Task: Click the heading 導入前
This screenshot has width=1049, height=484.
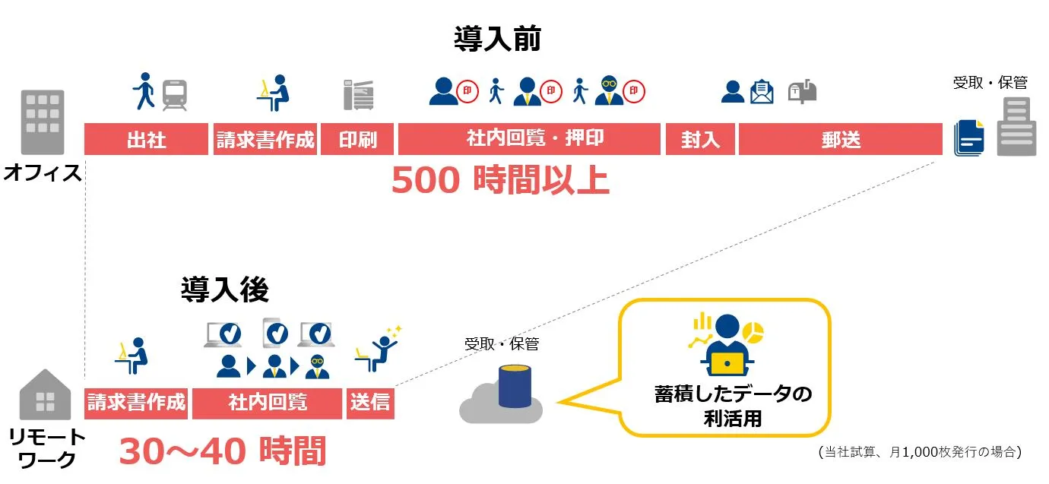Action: pyautogui.click(x=497, y=39)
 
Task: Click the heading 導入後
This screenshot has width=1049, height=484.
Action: pyautogui.click(x=225, y=289)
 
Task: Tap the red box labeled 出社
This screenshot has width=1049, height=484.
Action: pyautogui.click(x=146, y=140)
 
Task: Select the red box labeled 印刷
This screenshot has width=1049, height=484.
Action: pyautogui.click(x=357, y=140)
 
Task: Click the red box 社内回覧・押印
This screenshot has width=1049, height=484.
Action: pyautogui.click(x=529, y=140)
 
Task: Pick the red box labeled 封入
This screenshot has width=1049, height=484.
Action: pyautogui.click(x=700, y=140)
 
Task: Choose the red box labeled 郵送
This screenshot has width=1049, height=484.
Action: pyautogui.click(x=841, y=140)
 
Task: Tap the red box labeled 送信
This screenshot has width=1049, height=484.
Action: pyautogui.click(x=370, y=403)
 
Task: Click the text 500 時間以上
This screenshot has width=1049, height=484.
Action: pyautogui.click(x=500, y=181)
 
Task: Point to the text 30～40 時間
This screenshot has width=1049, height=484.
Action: pyautogui.click(x=222, y=451)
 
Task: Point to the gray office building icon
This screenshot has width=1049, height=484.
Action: pyautogui.click(x=43, y=122)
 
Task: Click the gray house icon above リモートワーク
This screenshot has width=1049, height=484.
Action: pyautogui.click(x=45, y=394)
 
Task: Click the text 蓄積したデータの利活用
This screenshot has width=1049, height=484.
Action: pyautogui.click(x=733, y=406)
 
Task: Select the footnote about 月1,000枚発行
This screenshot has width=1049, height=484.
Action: pyautogui.click(x=920, y=452)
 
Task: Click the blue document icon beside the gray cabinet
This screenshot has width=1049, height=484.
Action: pyautogui.click(x=969, y=138)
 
